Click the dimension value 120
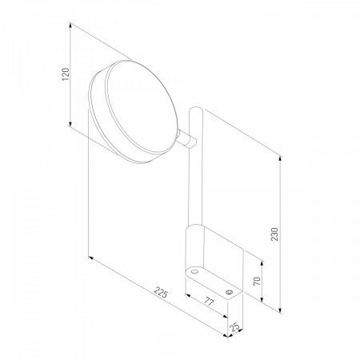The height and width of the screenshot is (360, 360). tap(66, 74)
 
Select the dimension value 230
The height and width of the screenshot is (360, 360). tap(274, 234)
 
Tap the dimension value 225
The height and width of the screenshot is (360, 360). tap(161, 292)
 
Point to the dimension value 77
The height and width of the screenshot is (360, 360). tap(209, 302)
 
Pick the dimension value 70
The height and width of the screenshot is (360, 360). tap(257, 282)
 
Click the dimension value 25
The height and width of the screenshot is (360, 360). tap(234, 327)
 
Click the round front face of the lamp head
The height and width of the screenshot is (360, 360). tap(142, 107)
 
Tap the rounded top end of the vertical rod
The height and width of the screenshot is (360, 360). tap(196, 110)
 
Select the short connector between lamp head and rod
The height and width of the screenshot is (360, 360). tap(187, 138)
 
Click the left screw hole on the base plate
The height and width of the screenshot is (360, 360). tap(194, 272)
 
